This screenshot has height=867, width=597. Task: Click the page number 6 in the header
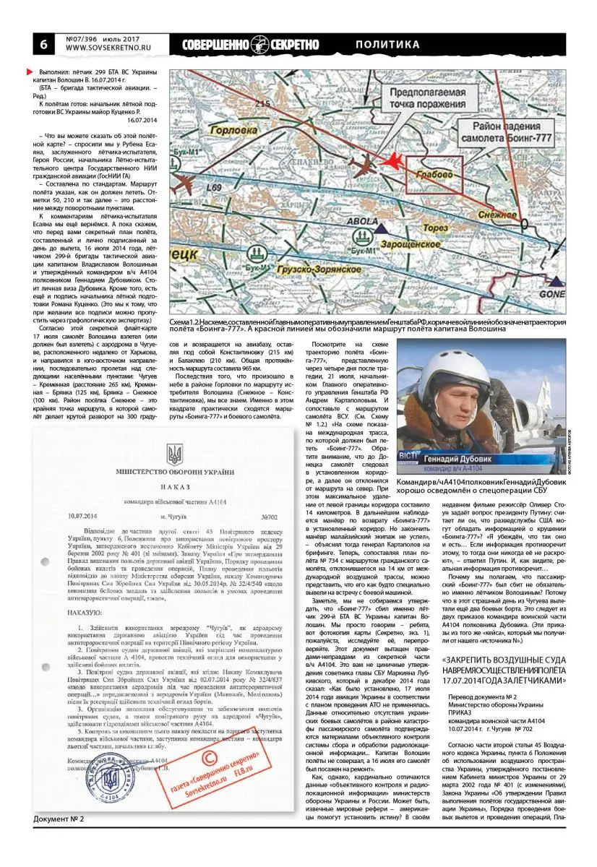click(43, 44)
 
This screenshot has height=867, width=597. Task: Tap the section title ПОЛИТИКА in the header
click(387, 45)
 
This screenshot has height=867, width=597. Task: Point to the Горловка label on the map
click(232, 131)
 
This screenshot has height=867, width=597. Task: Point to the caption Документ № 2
click(59, 818)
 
